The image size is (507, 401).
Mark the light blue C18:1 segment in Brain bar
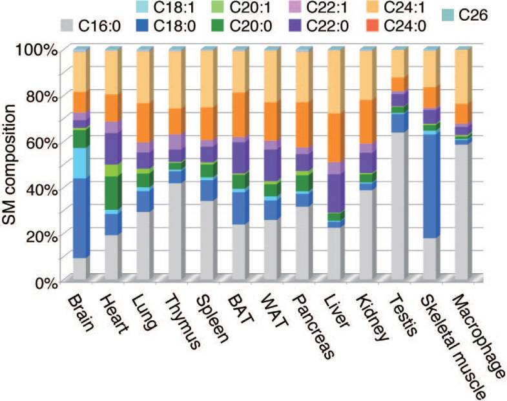[79, 163]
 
